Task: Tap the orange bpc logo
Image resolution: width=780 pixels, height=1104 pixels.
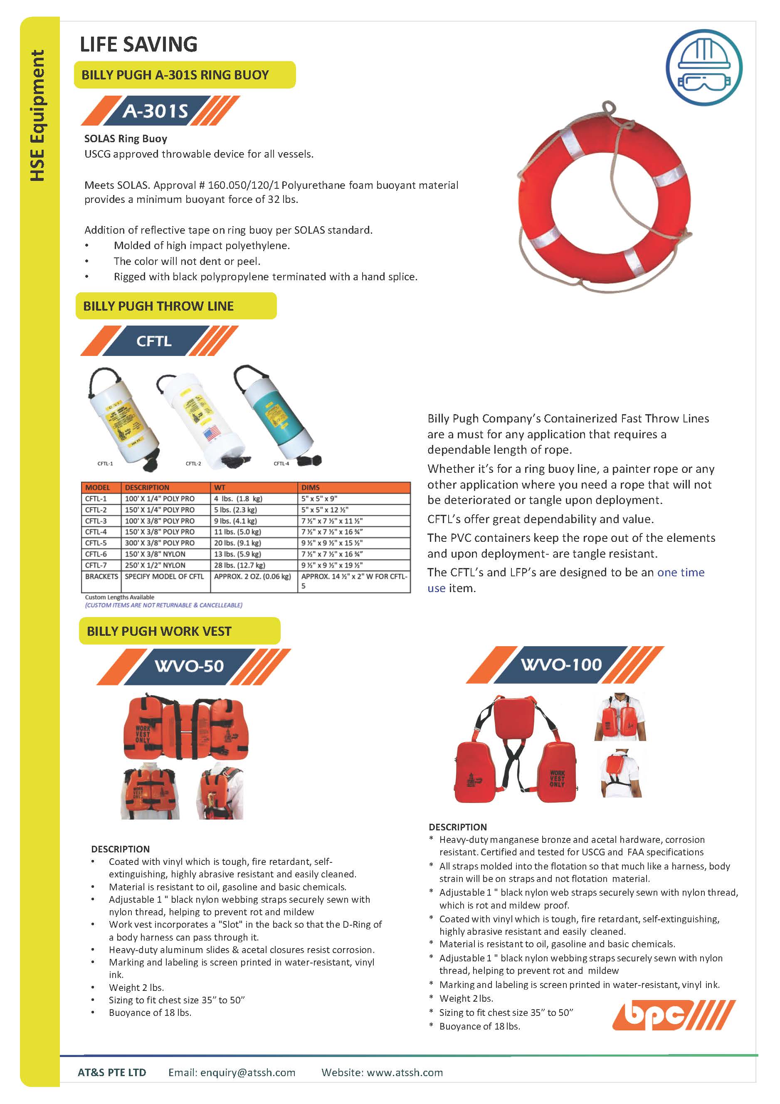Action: click(x=673, y=1015)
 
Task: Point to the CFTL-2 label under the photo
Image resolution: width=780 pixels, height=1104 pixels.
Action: click(x=193, y=464)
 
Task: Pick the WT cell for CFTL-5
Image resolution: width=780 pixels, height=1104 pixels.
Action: click(x=237, y=543)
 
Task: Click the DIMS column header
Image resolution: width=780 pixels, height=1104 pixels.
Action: click(x=311, y=487)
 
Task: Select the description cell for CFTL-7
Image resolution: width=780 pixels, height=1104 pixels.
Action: click(x=155, y=565)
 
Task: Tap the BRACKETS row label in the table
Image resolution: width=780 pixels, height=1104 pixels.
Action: click(x=101, y=576)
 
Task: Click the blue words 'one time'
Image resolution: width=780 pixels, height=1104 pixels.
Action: click(x=681, y=572)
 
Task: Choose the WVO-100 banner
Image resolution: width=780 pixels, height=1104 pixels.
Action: click(x=561, y=664)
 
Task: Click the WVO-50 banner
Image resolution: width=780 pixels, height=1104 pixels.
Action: click(x=189, y=667)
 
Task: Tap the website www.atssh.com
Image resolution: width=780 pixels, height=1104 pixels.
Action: click(x=405, y=1072)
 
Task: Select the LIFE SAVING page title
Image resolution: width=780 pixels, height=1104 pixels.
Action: click(x=138, y=44)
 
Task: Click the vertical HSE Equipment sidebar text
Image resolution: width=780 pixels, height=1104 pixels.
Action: click(x=37, y=116)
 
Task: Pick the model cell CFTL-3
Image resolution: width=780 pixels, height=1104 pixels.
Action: click(x=96, y=521)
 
